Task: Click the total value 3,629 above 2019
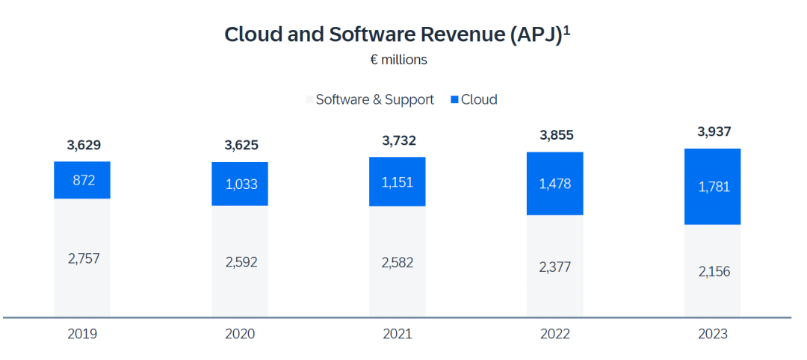pos(82,145)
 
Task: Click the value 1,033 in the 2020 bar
pos(240,184)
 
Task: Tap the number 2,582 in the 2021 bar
pos(397,262)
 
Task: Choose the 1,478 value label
pos(554,184)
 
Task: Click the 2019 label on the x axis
pos(82,334)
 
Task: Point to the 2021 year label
pos(397,334)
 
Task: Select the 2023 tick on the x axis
pos(712,334)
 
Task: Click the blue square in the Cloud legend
pos(454,100)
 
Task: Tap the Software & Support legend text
pos(374,100)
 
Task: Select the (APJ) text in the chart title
pos(536,35)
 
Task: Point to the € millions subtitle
pos(398,60)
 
